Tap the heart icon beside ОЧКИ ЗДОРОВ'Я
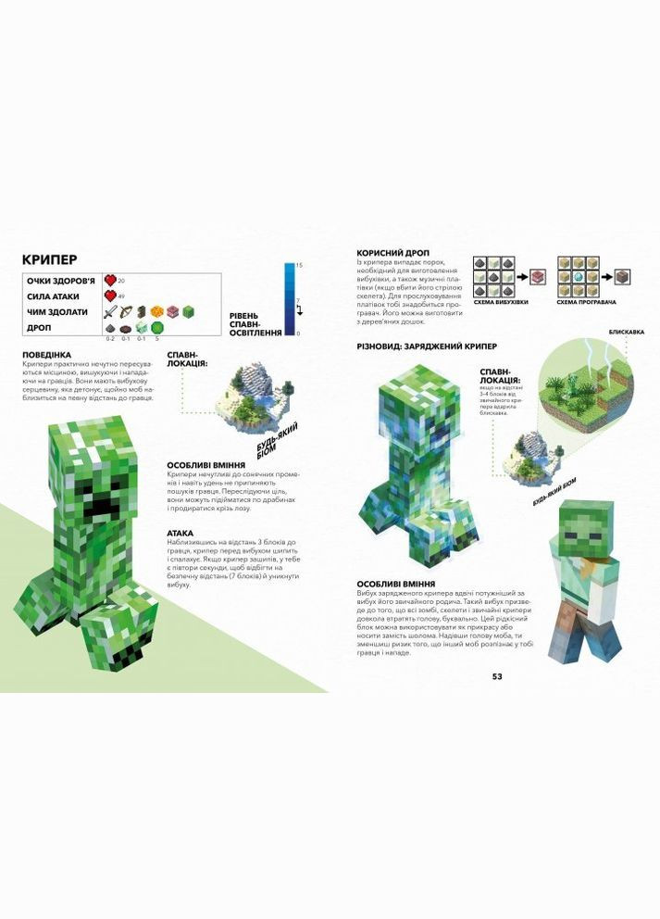click(110, 280)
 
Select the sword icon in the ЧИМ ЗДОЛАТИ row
click(109, 311)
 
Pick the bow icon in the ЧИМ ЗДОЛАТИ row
click(125, 311)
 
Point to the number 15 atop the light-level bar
click(298, 266)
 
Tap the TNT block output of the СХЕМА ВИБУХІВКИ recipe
click(536, 276)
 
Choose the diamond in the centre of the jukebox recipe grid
click(577, 276)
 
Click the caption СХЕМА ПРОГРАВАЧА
click(583, 303)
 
